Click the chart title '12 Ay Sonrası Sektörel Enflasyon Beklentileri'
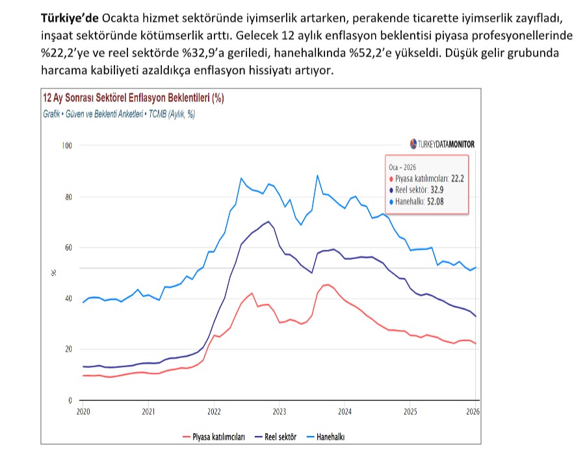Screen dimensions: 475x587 point(133,98)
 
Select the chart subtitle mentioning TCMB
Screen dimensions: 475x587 point(119,114)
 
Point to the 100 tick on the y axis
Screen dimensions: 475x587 point(66,146)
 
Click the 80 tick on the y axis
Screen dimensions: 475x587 point(68,197)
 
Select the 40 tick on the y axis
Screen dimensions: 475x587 point(68,299)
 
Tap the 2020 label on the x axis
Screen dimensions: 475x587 point(83,412)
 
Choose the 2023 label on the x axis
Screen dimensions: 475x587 point(280,412)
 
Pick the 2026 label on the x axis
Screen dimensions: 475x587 point(473,412)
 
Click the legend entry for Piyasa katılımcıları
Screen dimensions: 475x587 point(214,437)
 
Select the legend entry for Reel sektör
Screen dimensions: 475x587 point(276,437)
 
